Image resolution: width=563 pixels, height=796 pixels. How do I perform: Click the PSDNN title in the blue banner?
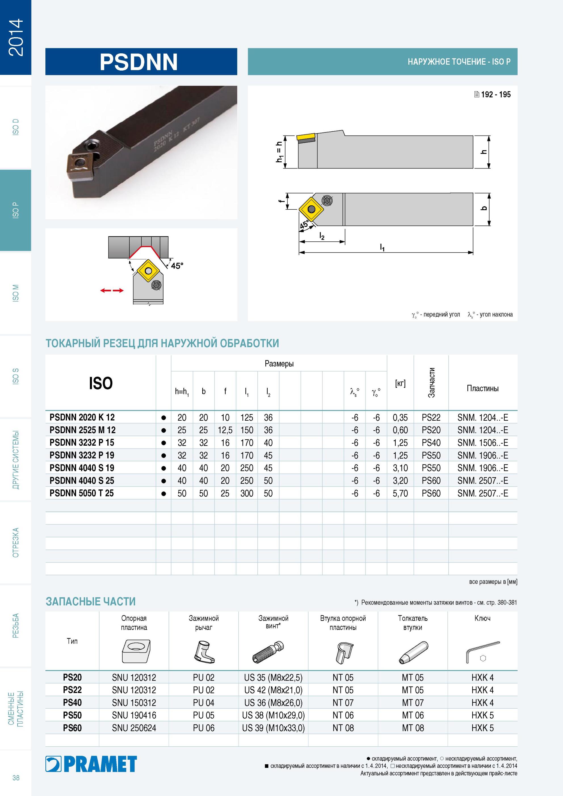coord(138,62)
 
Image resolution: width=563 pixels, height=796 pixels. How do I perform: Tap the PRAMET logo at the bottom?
coord(91,764)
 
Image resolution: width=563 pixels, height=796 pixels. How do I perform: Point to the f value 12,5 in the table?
coord(225,430)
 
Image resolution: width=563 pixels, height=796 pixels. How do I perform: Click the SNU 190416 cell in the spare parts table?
coord(134,715)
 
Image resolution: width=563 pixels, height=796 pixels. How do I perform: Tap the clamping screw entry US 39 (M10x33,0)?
coord(273,728)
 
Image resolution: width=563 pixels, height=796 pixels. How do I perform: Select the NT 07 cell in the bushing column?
coord(343,703)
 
